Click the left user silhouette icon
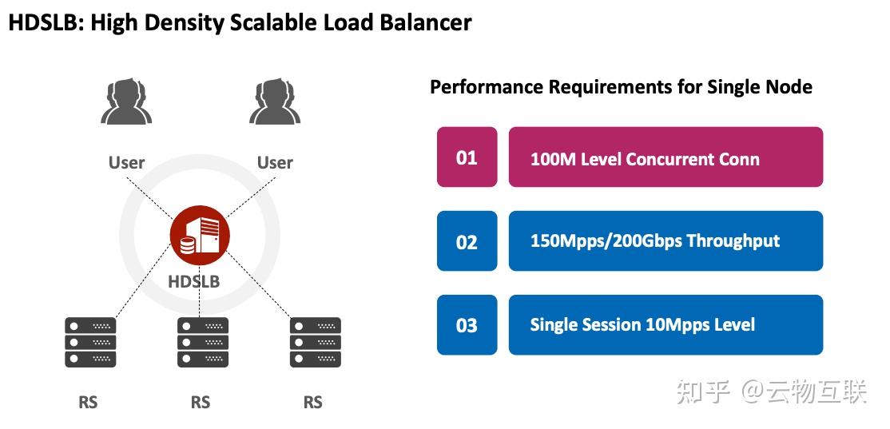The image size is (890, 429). [x=126, y=101]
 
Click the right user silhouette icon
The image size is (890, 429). [x=274, y=101]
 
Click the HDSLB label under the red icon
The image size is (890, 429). [x=194, y=282]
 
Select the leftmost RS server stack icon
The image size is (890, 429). [x=90, y=342]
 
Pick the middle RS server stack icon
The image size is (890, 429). [x=203, y=342]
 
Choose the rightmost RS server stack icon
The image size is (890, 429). [x=316, y=342]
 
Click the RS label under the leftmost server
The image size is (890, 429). [x=88, y=402]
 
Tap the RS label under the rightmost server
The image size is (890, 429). [x=313, y=402]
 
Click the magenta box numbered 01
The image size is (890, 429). [x=467, y=157]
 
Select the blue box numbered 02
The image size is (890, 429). [x=467, y=241]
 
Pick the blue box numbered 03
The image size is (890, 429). [x=467, y=325]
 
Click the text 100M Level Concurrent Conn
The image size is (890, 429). [x=645, y=159]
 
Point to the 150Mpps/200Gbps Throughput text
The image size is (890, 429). [x=655, y=241]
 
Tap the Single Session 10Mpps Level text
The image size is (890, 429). [x=642, y=325]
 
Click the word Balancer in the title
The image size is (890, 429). [x=423, y=23]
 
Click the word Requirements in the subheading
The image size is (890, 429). [x=611, y=87]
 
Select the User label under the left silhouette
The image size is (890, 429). [x=126, y=163]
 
